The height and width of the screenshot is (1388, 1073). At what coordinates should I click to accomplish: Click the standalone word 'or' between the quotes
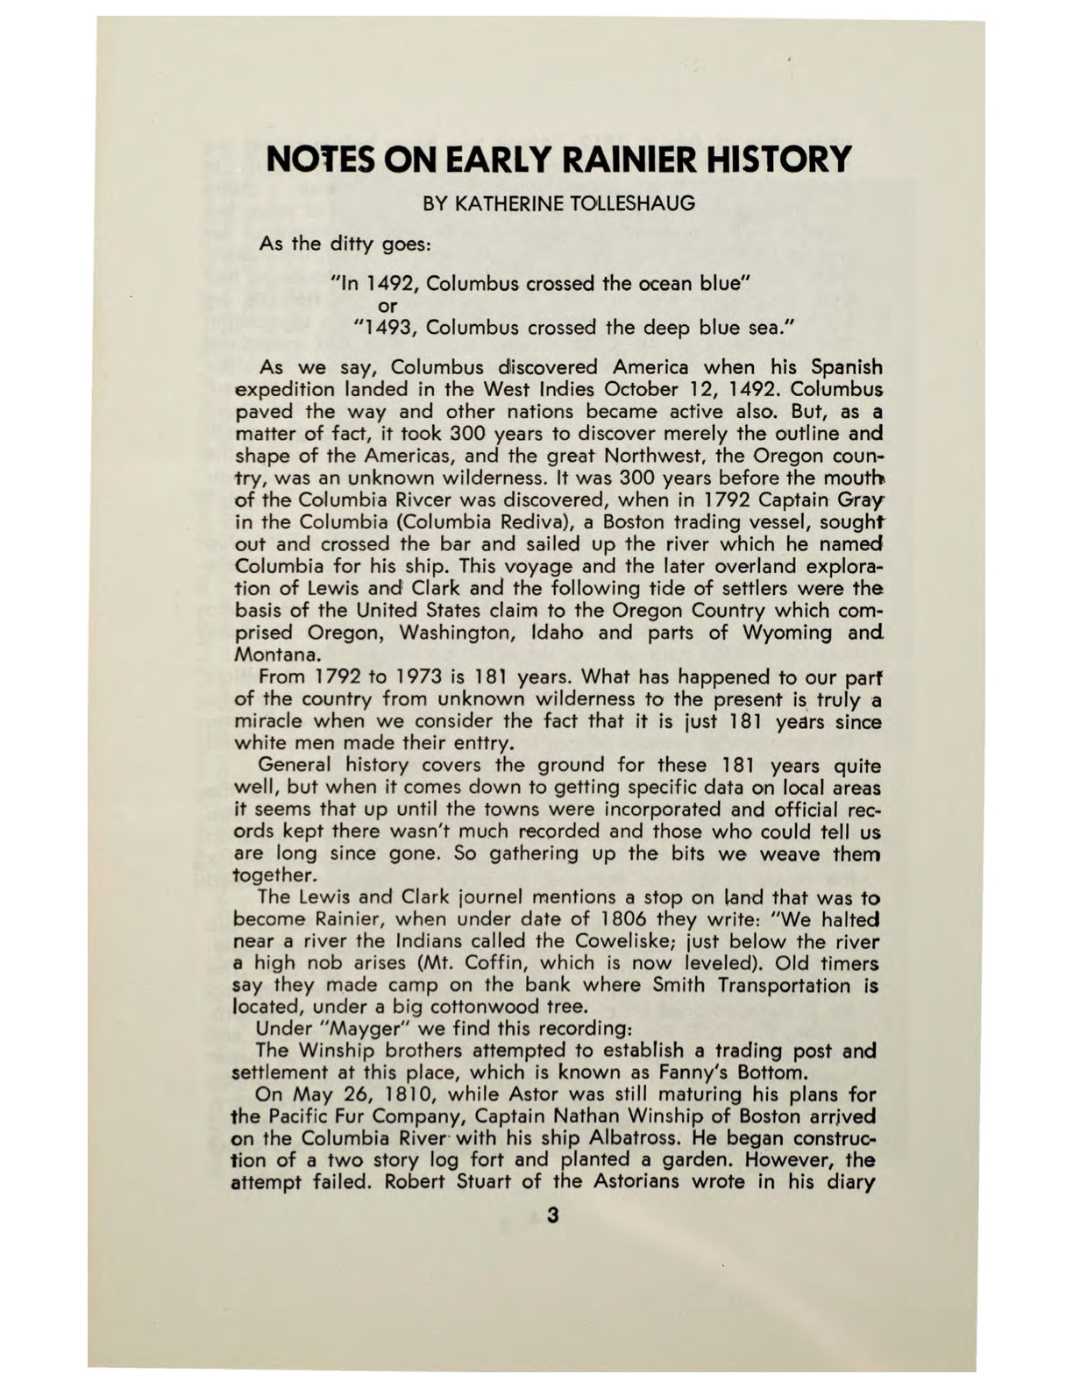(x=387, y=306)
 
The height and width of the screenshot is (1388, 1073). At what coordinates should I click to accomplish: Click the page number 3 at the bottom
(x=551, y=1216)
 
